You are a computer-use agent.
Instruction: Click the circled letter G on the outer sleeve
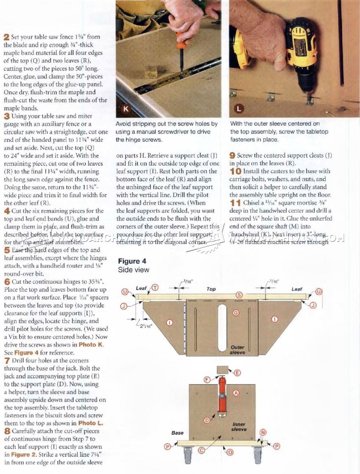pyautogui.click(x=236, y=312)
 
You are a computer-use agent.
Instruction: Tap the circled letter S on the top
pyautogui.click(x=239, y=295)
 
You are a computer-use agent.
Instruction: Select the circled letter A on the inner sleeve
pyautogui.click(x=236, y=394)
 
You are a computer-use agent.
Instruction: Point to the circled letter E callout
pyautogui.click(x=237, y=373)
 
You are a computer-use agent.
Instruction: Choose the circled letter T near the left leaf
pyautogui.click(x=154, y=287)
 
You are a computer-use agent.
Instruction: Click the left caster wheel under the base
pyautogui.click(x=188, y=456)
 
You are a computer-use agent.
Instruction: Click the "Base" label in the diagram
pyautogui.click(x=177, y=433)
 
